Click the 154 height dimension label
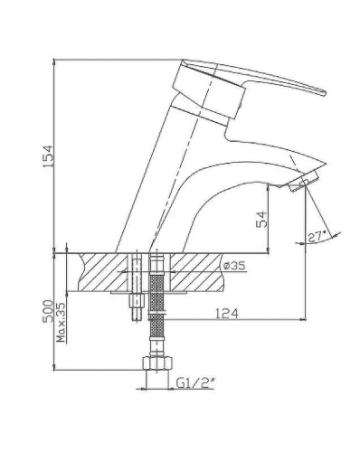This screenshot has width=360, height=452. coord(48,156)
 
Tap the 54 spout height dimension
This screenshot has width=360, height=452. coord(261,219)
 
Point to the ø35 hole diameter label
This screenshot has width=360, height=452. coord(234,266)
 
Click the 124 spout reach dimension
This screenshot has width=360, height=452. coord(227,314)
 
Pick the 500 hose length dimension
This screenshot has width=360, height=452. coord(47,311)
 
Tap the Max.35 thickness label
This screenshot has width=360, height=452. coord(61,323)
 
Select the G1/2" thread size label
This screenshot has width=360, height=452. coord(195,383)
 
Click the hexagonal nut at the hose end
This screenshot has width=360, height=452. coord(157,363)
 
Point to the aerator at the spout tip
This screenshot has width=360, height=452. coord(303,182)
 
